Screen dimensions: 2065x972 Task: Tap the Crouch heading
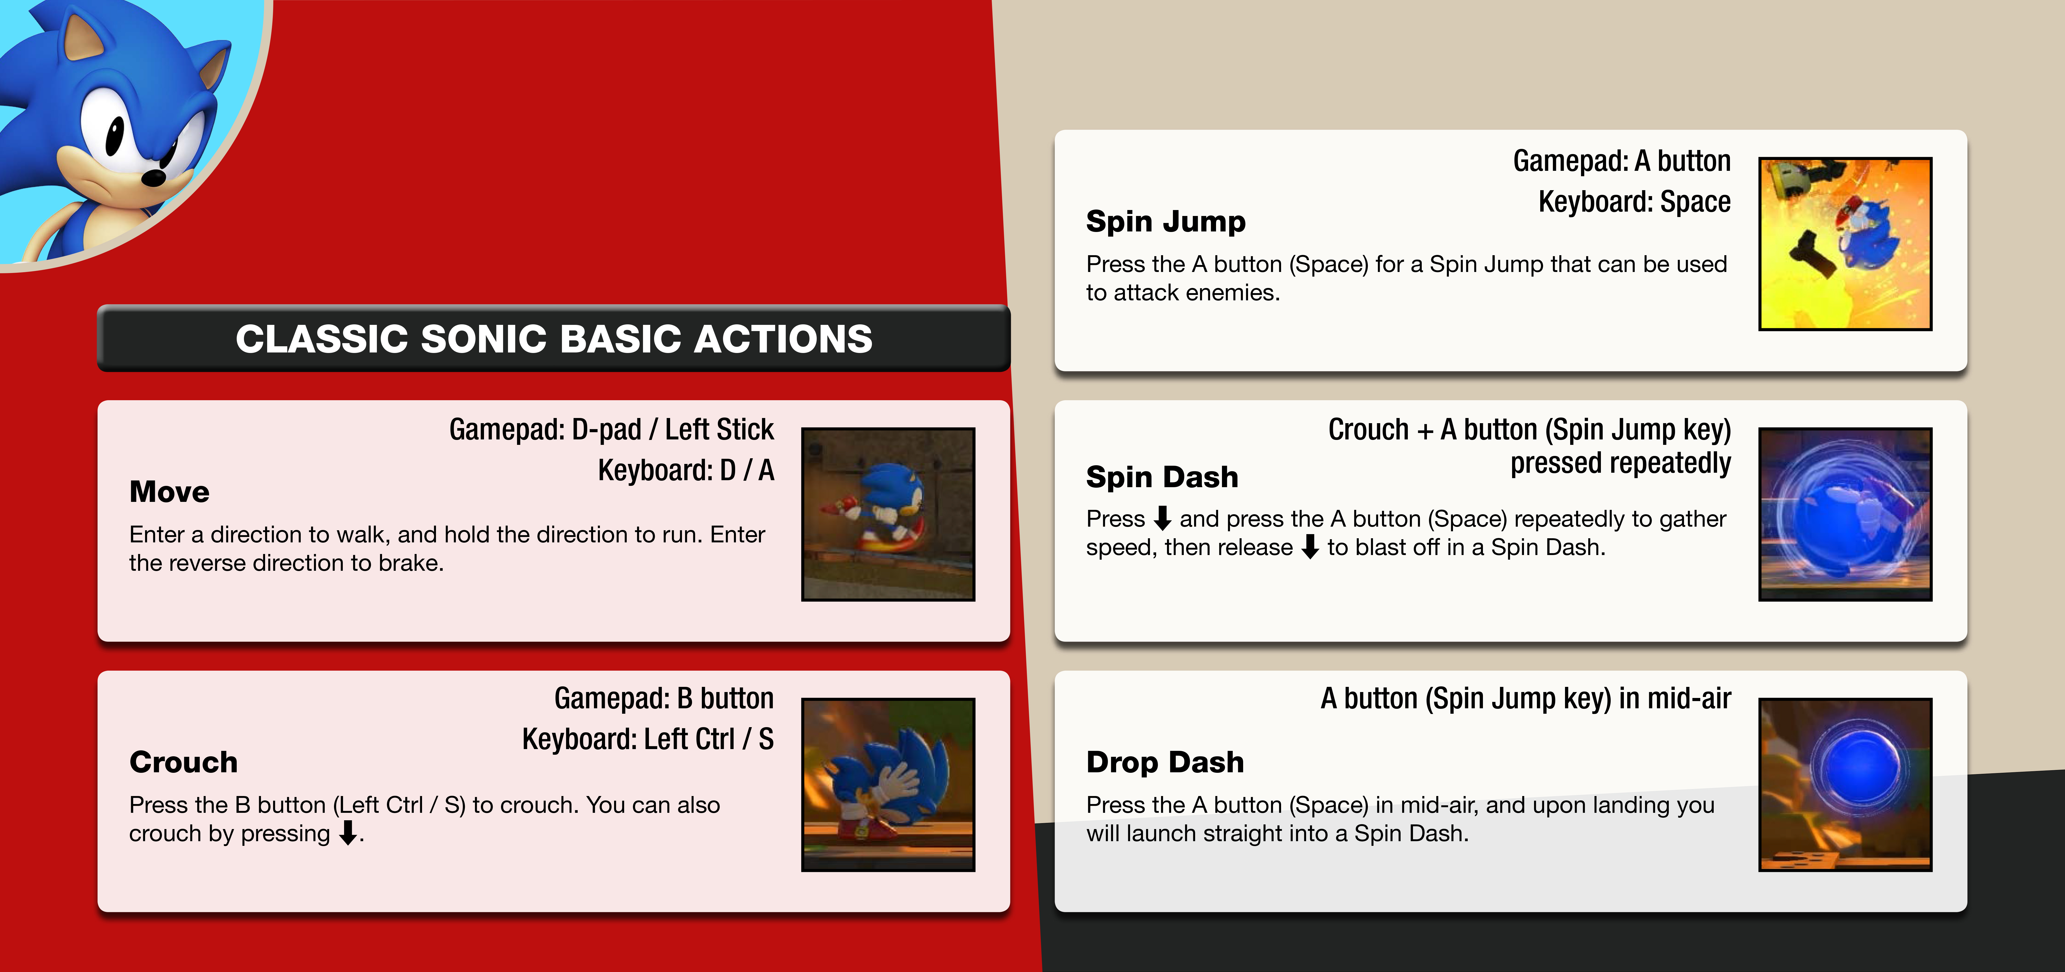point(184,762)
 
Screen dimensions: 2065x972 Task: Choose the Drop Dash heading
point(1165,762)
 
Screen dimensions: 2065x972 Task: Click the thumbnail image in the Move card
point(888,515)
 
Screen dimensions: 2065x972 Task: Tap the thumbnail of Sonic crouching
point(888,784)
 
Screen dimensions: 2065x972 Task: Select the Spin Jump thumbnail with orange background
point(1845,244)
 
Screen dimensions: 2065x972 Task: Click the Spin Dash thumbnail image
point(1845,515)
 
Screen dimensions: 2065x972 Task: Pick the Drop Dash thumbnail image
point(1845,784)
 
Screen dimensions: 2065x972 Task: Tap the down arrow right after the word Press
point(1162,518)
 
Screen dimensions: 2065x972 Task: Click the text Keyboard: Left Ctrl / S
point(648,739)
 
